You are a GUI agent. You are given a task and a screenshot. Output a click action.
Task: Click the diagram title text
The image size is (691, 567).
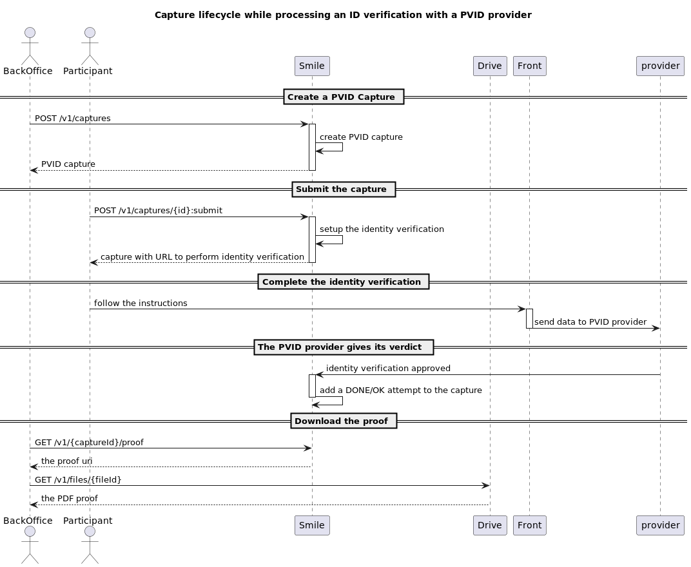[x=343, y=15]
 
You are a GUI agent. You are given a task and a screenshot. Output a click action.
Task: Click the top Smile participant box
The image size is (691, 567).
[x=312, y=66]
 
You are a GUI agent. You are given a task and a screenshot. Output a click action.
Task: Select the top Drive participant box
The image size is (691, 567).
[x=489, y=66]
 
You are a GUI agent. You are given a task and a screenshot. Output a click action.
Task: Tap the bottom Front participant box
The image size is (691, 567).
[x=530, y=525]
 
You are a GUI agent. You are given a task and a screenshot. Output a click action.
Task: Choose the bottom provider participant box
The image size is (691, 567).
[x=660, y=525]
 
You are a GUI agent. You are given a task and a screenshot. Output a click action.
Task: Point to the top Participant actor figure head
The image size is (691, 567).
[x=90, y=33]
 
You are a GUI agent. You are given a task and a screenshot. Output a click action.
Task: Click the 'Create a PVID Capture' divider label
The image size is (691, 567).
[x=344, y=97]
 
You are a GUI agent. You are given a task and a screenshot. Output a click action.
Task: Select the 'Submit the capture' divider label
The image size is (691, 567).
[x=344, y=189]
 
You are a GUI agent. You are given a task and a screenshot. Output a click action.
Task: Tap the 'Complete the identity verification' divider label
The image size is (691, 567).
[x=344, y=282]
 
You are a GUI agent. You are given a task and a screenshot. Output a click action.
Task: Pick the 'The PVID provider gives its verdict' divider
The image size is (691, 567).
[x=344, y=347]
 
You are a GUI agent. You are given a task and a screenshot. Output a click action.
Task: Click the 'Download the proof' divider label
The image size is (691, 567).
[x=344, y=421]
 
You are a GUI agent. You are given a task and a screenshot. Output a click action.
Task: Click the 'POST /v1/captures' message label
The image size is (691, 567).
[x=72, y=119]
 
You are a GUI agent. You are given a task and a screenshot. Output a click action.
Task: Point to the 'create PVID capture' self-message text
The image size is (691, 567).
[x=361, y=137]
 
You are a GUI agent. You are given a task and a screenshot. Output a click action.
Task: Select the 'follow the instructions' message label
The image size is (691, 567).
[x=141, y=303]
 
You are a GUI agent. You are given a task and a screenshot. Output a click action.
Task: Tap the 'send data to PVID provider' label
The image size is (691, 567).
[x=590, y=322]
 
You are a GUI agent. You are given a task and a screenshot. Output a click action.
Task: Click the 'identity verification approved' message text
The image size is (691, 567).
[x=388, y=369]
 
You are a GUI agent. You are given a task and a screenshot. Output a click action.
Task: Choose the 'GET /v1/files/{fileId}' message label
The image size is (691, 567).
[x=78, y=479]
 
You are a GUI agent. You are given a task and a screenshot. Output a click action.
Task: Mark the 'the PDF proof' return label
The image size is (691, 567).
[x=70, y=499]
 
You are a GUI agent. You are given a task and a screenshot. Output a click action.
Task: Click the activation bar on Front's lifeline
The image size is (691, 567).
[x=529, y=318]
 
